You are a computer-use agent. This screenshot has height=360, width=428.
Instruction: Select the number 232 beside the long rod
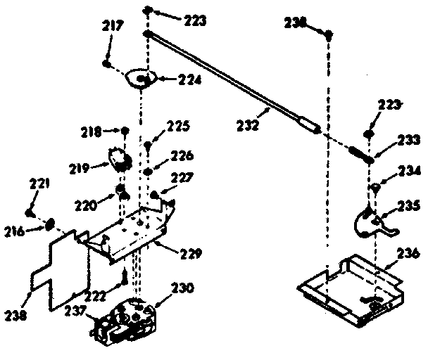(249, 127)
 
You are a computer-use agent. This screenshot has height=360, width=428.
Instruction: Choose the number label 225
(180, 127)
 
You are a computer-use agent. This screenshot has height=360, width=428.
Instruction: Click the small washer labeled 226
(149, 171)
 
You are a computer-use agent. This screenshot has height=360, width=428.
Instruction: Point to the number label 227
(180, 179)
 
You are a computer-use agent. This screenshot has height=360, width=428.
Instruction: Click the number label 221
(39, 185)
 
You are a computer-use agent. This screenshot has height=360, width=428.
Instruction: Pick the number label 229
(190, 252)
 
